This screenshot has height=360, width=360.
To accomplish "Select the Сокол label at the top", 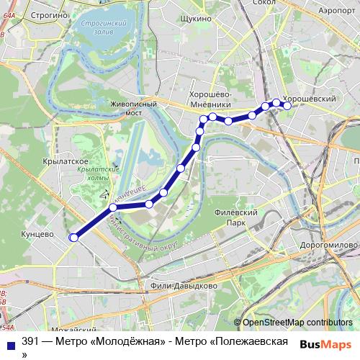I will (265, 3).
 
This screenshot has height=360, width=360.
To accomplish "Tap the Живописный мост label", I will (133, 109).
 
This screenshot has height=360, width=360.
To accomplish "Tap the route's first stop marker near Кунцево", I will (73, 237).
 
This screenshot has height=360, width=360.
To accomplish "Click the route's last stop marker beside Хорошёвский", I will (287, 106).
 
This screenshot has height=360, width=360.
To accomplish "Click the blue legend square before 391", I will (10, 342).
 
